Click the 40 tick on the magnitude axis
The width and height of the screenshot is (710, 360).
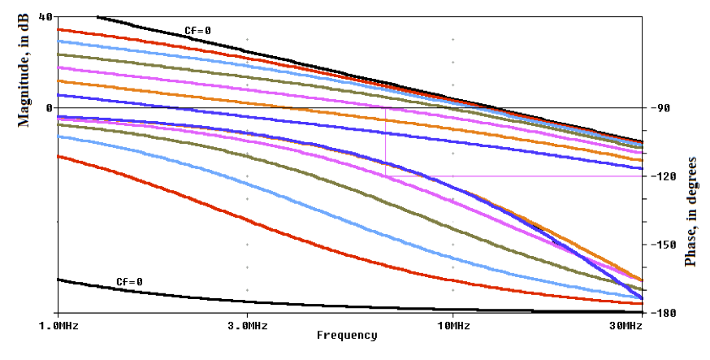pos(45,16)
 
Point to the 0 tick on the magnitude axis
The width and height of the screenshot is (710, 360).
pos(49,107)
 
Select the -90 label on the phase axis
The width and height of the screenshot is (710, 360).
pos(656,107)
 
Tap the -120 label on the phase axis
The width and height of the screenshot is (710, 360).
pos(658,176)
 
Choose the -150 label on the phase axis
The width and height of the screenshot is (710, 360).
pos(658,245)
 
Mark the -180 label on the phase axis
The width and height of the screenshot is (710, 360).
pos(658,313)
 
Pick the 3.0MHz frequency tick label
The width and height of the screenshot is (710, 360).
pos(247,325)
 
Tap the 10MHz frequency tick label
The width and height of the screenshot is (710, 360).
pos(453,325)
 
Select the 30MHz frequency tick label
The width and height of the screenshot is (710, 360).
pos(626,325)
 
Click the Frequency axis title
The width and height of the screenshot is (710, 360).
pos(347,335)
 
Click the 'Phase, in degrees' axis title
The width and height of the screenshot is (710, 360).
pos(691,211)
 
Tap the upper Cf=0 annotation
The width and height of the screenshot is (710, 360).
pos(197,31)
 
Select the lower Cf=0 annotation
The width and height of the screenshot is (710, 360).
pos(129,282)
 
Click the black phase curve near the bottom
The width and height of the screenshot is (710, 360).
pos(244,301)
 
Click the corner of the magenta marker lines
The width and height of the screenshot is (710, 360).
pos(385,176)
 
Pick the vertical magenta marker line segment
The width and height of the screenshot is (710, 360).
pos(385,142)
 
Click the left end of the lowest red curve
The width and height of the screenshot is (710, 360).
pos(58,156)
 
